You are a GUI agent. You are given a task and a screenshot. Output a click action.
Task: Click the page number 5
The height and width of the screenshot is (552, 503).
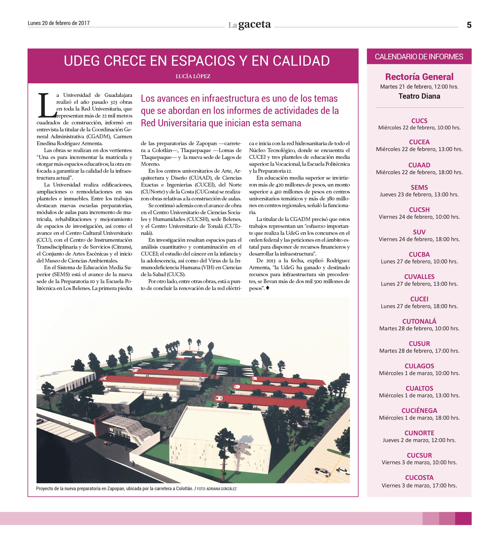[x=469, y=25]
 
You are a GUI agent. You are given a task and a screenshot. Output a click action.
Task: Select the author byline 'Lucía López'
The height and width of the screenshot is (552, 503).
[x=193, y=76]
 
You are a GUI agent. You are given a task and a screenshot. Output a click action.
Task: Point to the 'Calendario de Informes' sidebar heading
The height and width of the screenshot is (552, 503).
[x=419, y=57]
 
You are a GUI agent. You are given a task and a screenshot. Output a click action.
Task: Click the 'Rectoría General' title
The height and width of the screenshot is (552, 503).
[x=419, y=77]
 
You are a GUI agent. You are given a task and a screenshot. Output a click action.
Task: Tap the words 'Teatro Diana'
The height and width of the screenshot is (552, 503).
[x=419, y=96]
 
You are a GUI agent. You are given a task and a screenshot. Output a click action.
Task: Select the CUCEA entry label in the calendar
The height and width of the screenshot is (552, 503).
[x=419, y=142]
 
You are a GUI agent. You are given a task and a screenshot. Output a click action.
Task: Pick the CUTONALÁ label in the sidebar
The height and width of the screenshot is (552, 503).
[x=419, y=321]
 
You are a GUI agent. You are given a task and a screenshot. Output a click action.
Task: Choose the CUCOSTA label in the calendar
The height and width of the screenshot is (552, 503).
[x=419, y=477]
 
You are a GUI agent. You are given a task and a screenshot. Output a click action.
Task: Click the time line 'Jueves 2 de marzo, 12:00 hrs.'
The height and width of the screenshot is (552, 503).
[x=419, y=440]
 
